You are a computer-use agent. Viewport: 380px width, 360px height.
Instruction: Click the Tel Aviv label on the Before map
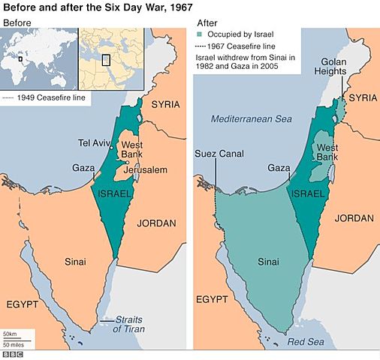coord(95,142)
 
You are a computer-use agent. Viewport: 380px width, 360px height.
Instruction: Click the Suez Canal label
coord(216,156)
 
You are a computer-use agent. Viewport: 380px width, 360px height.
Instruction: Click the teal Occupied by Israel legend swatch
coord(199,34)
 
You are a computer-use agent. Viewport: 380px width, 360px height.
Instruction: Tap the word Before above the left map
coord(17,23)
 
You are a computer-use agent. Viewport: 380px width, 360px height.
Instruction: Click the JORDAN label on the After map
coord(354,218)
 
